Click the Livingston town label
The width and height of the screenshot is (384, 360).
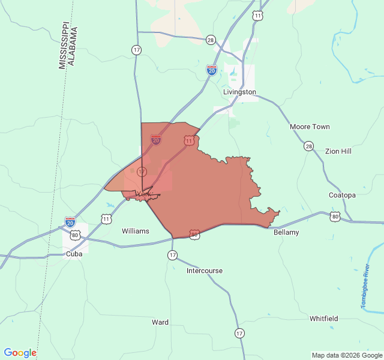tap(239, 92)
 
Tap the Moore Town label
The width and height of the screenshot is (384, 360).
tap(310, 127)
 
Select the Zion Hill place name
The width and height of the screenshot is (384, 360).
tap(338, 151)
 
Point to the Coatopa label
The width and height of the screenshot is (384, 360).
tap(342, 195)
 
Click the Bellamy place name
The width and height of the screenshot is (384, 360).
tap(286, 232)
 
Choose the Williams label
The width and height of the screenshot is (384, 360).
tap(136, 230)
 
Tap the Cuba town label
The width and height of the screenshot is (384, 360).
tap(74, 254)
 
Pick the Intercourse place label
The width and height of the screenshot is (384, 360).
tap(204, 271)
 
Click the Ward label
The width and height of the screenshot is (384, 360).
tap(160, 322)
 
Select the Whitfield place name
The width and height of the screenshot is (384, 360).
tap(323, 319)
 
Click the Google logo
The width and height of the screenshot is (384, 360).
tap(20, 353)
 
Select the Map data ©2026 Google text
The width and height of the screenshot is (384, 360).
tap(347, 355)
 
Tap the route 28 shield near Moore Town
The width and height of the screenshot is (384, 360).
tap(308, 146)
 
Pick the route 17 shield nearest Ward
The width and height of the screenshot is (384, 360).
tap(240, 333)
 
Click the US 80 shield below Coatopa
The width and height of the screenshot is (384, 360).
tap(335, 216)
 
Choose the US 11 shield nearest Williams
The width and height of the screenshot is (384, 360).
tap(106, 219)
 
